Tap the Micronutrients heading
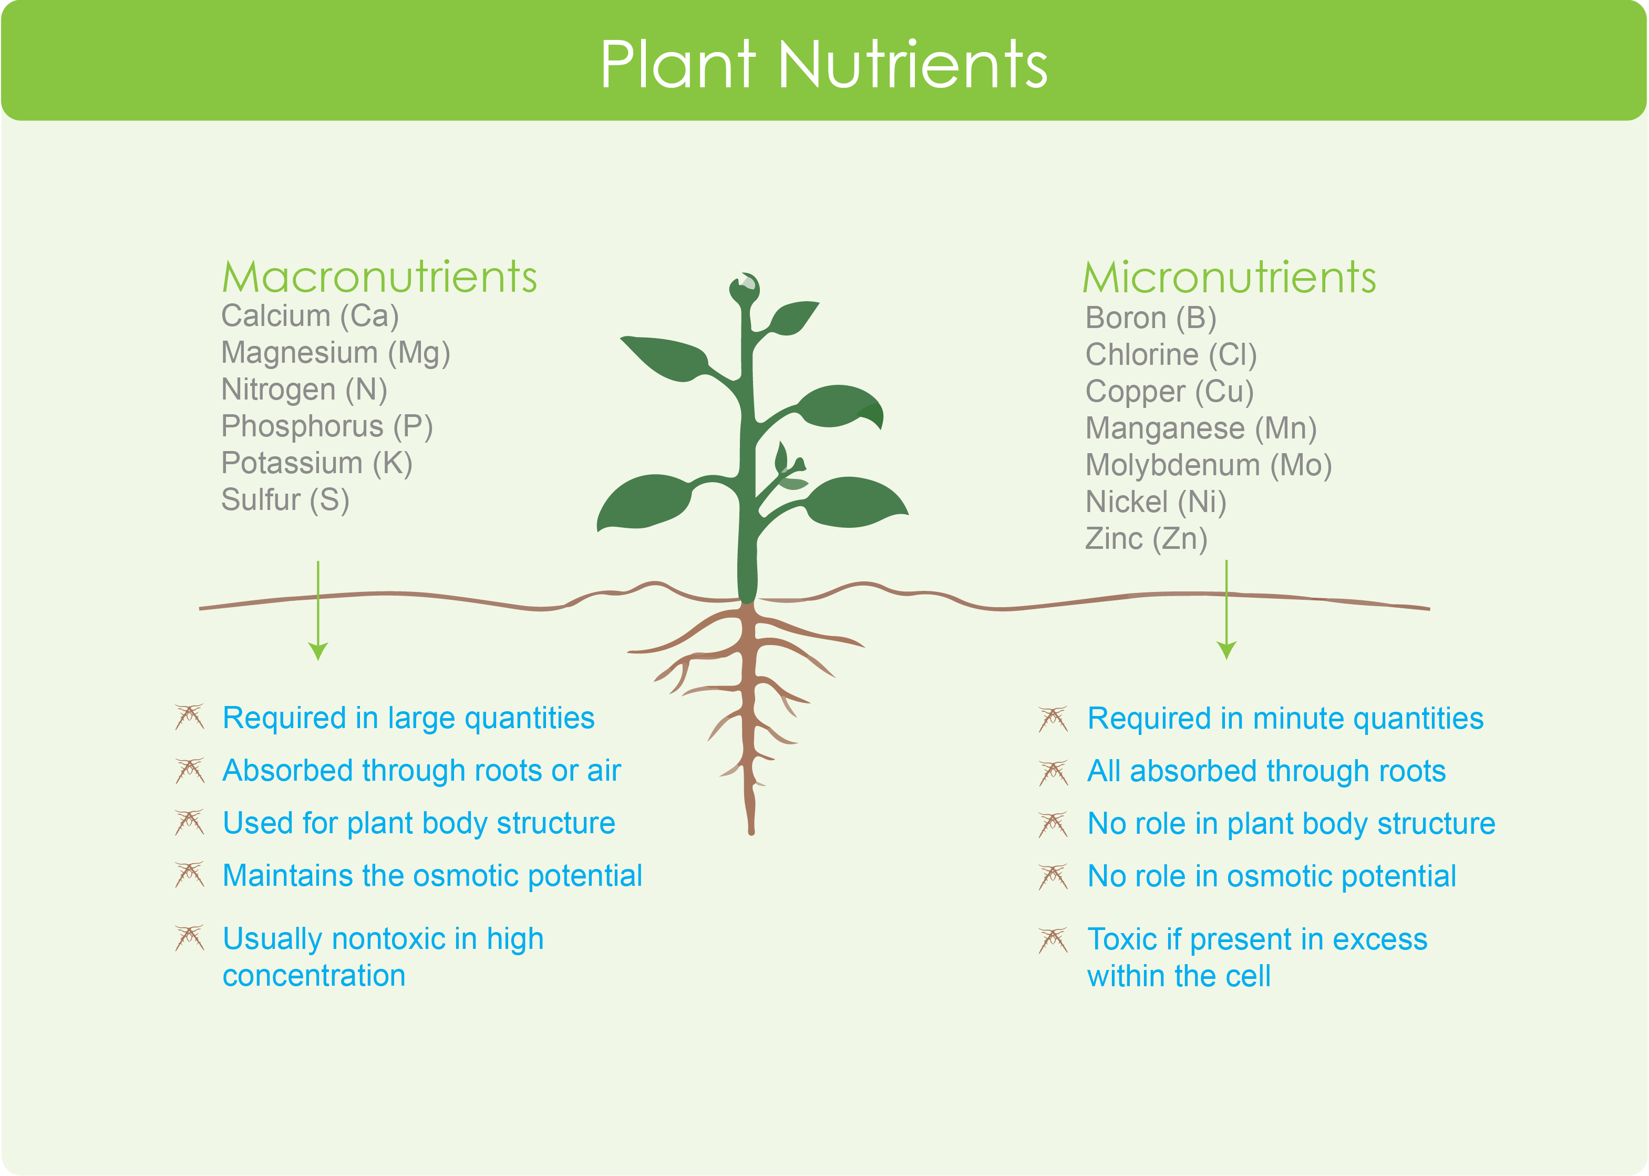pyautogui.click(x=1229, y=278)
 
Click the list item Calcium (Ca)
pyautogui.click(x=310, y=316)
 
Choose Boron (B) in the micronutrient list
pyautogui.click(x=1151, y=319)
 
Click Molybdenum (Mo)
pyautogui.click(x=1209, y=466)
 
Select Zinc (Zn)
pyautogui.click(x=1147, y=539)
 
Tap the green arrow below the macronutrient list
pyautogui.click(x=318, y=610)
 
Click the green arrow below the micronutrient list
pyautogui.click(x=1227, y=610)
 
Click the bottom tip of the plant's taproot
pyautogui.click(x=751, y=833)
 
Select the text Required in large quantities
pyautogui.click(x=408, y=718)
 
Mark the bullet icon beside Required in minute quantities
pyautogui.click(x=1053, y=720)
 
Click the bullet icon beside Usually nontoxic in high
pyautogui.click(x=190, y=938)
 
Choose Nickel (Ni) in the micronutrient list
pyautogui.click(x=1156, y=503)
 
